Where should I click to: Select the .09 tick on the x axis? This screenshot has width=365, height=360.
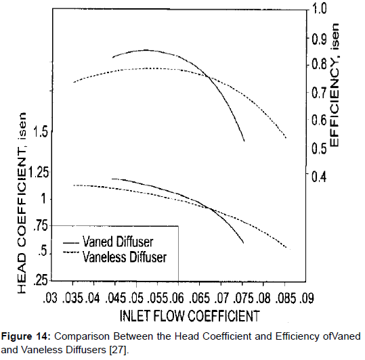click(x=308, y=297)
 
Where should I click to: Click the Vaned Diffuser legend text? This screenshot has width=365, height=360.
click(x=117, y=242)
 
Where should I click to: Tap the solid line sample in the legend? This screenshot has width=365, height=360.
click(x=69, y=242)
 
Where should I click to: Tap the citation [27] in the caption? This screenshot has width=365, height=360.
click(x=118, y=351)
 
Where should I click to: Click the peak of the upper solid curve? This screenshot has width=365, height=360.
click(x=146, y=50)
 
